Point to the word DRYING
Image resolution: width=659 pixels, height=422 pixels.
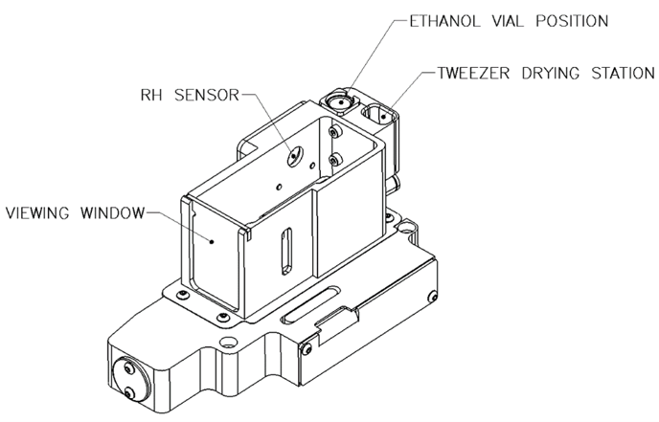click(553, 73)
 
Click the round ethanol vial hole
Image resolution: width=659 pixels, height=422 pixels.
click(337, 100)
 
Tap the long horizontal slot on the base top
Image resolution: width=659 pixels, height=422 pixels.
click(310, 309)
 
